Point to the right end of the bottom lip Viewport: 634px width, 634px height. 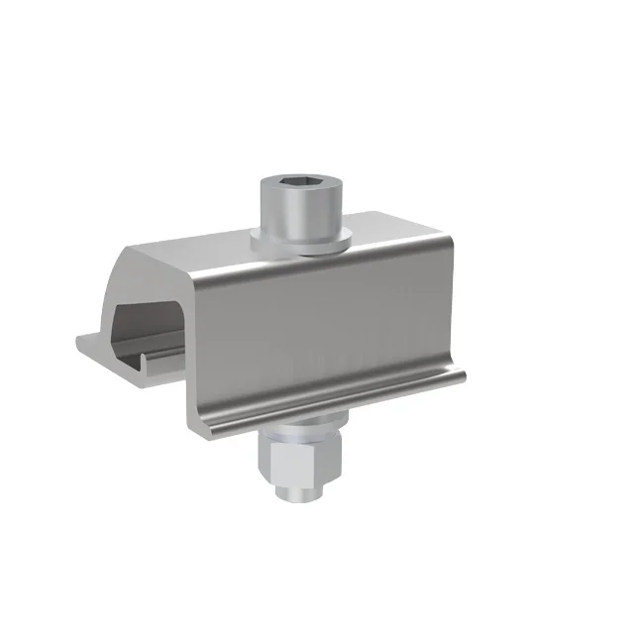461,374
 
